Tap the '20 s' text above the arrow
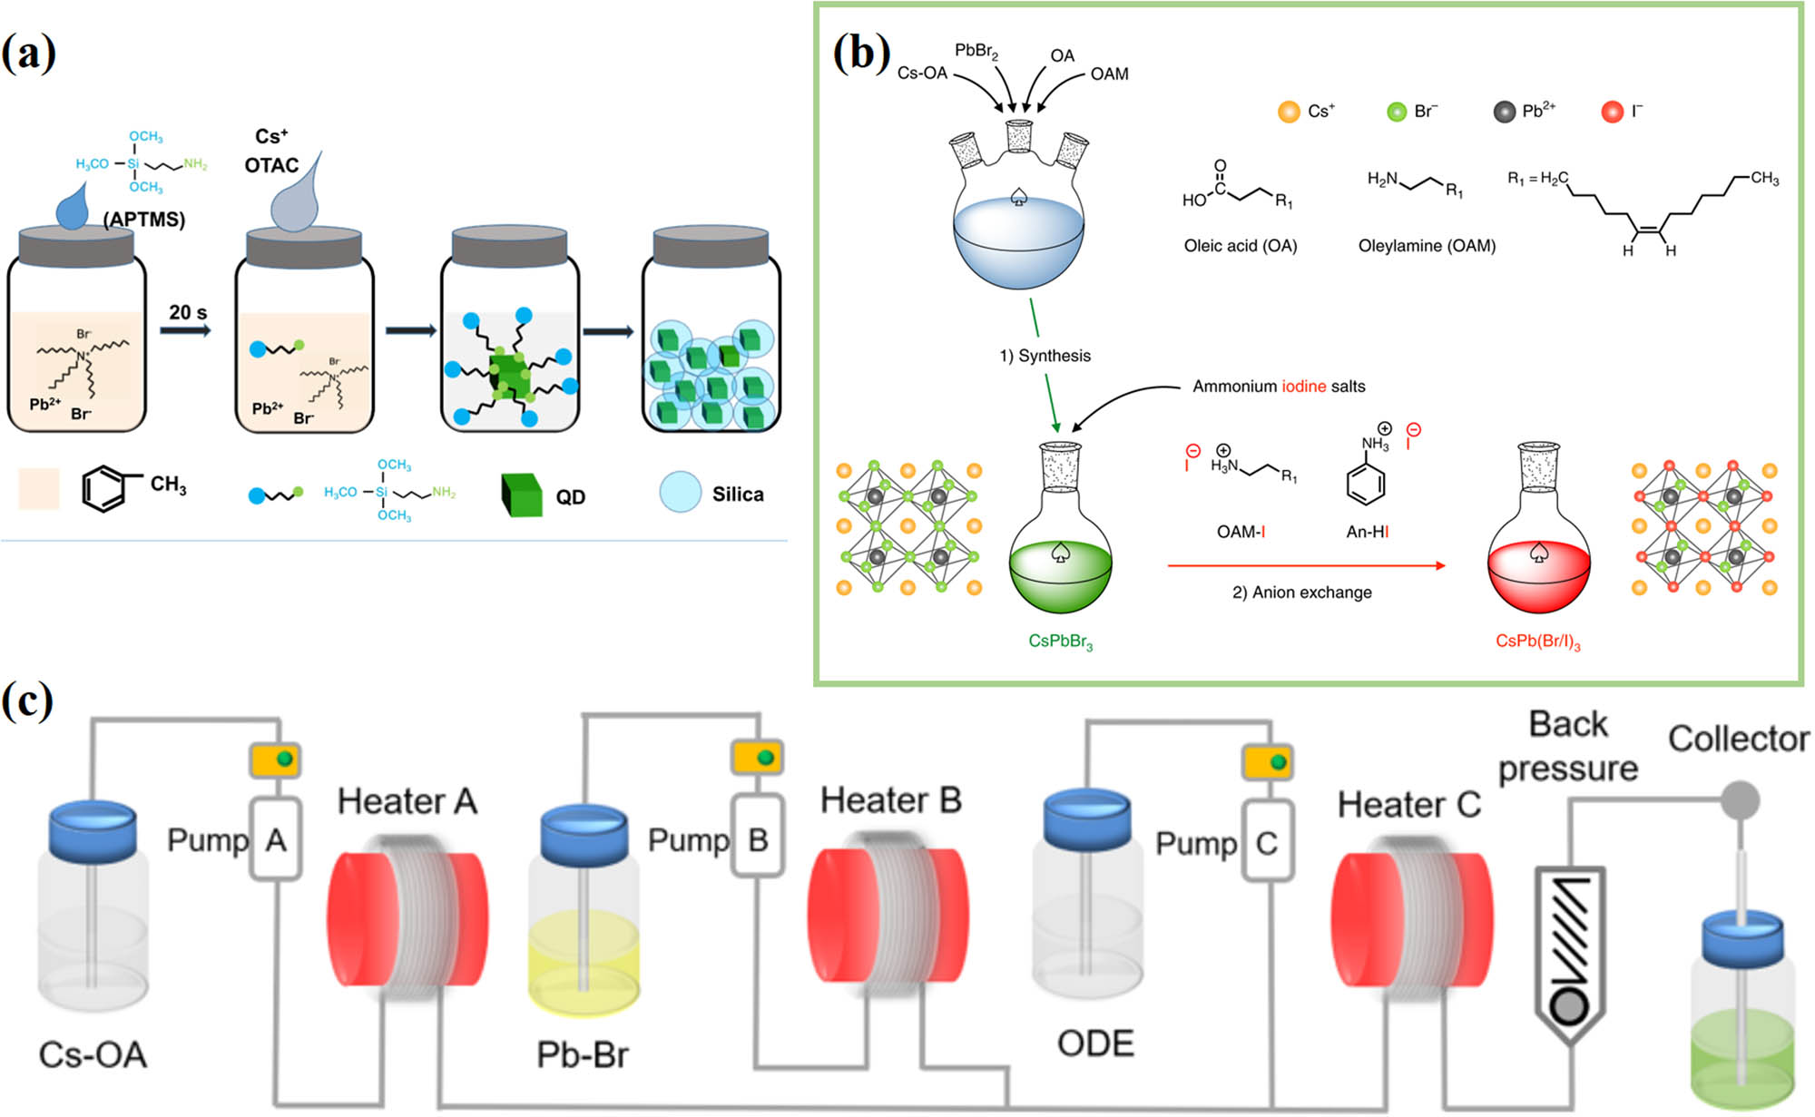(x=188, y=312)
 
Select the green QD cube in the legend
(x=522, y=495)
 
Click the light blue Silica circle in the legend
(x=680, y=493)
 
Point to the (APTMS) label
(x=143, y=220)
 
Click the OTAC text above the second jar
(x=271, y=165)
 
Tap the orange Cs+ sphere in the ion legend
(x=1288, y=112)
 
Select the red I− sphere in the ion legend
(x=1612, y=112)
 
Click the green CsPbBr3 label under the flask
(x=1060, y=642)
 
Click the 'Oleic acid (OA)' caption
(x=1240, y=246)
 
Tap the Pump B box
(x=757, y=838)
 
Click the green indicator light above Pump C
(x=1279, y=762)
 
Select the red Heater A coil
(x=408, y=918)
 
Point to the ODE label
(x=1095, y=1044)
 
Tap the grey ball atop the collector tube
(x=1740, y=800)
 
